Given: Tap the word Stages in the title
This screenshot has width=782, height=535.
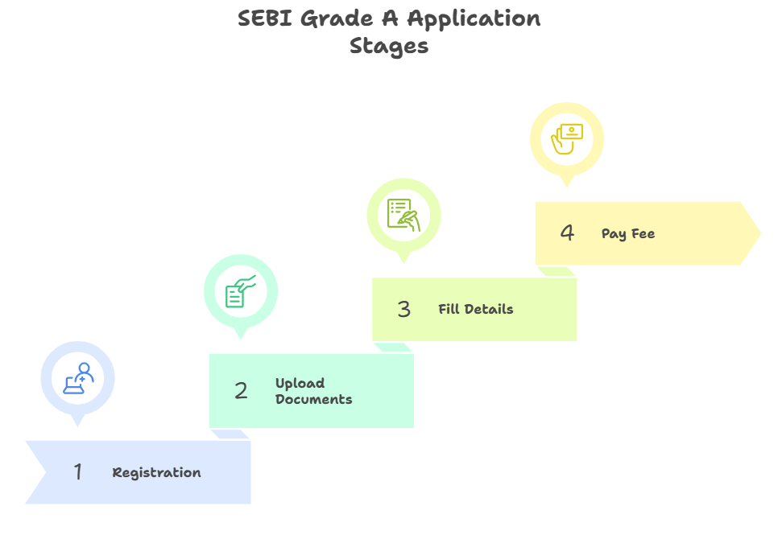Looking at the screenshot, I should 389,46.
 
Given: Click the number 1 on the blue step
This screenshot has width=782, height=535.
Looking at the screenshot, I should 78,471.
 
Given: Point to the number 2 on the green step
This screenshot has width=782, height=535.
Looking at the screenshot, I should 241,391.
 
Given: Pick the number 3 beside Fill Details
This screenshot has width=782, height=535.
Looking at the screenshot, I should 404,309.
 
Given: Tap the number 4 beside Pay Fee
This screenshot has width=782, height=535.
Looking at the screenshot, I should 567,233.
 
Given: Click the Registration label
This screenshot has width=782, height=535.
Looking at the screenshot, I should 156,472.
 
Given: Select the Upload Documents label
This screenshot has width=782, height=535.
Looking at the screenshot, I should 313,391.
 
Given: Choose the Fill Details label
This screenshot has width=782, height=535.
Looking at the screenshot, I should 475,309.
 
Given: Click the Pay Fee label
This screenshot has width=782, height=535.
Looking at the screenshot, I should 627,234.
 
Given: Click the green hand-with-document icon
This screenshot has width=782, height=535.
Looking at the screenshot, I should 240,291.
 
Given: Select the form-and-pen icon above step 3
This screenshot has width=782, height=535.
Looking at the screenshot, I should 403,215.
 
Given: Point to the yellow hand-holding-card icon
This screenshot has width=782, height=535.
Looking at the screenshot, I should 566,138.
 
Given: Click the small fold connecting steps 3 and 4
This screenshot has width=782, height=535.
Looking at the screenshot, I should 556,272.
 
